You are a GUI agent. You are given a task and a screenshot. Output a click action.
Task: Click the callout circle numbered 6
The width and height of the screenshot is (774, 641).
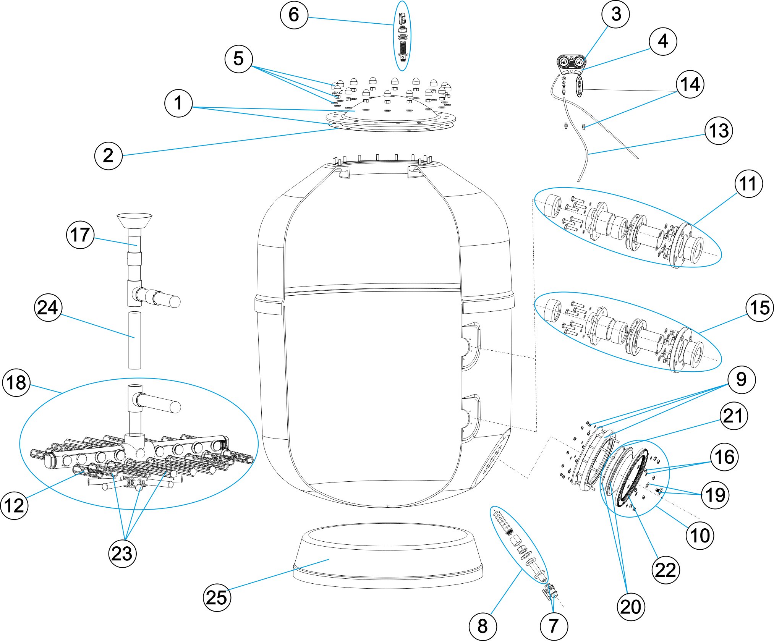coord(294,15)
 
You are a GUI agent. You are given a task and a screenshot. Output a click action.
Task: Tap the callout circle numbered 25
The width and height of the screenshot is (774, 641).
coord(217,597)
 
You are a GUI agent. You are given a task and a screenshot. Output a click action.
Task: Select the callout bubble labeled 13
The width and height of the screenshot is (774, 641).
coord(719,131)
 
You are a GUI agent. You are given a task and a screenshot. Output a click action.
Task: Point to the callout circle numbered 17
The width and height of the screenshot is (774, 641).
coord(80,235)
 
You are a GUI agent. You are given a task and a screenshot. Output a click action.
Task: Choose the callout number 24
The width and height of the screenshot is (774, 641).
coord(48,308)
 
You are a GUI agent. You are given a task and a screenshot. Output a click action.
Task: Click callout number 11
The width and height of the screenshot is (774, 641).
coord(748,184)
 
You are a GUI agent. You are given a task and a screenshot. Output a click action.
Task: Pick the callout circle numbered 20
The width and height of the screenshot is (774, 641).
coord(631,607)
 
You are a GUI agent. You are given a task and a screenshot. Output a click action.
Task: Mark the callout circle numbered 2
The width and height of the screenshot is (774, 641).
coord(108,155)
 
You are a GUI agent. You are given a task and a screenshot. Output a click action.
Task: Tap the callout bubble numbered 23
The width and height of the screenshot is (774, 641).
coord(122,554)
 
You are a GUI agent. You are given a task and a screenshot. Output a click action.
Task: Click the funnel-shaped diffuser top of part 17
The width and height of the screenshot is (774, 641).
coord(134,220)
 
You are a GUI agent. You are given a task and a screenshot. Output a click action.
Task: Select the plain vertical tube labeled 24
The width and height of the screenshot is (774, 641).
coord(134,340)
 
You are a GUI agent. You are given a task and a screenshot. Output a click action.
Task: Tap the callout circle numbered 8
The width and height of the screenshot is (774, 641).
coord(483,626)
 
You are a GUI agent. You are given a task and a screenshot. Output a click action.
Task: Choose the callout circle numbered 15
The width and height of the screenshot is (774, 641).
coord(759,308)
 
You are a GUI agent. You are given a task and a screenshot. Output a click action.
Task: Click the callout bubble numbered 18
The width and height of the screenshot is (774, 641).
coord(16,382)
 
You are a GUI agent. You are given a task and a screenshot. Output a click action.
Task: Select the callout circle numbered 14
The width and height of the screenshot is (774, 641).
coord(690,84)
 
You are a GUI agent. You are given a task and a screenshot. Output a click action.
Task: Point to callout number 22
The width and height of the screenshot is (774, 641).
coord(666,570)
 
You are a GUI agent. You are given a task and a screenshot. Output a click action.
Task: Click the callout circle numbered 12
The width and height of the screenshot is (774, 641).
coord(14,505)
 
